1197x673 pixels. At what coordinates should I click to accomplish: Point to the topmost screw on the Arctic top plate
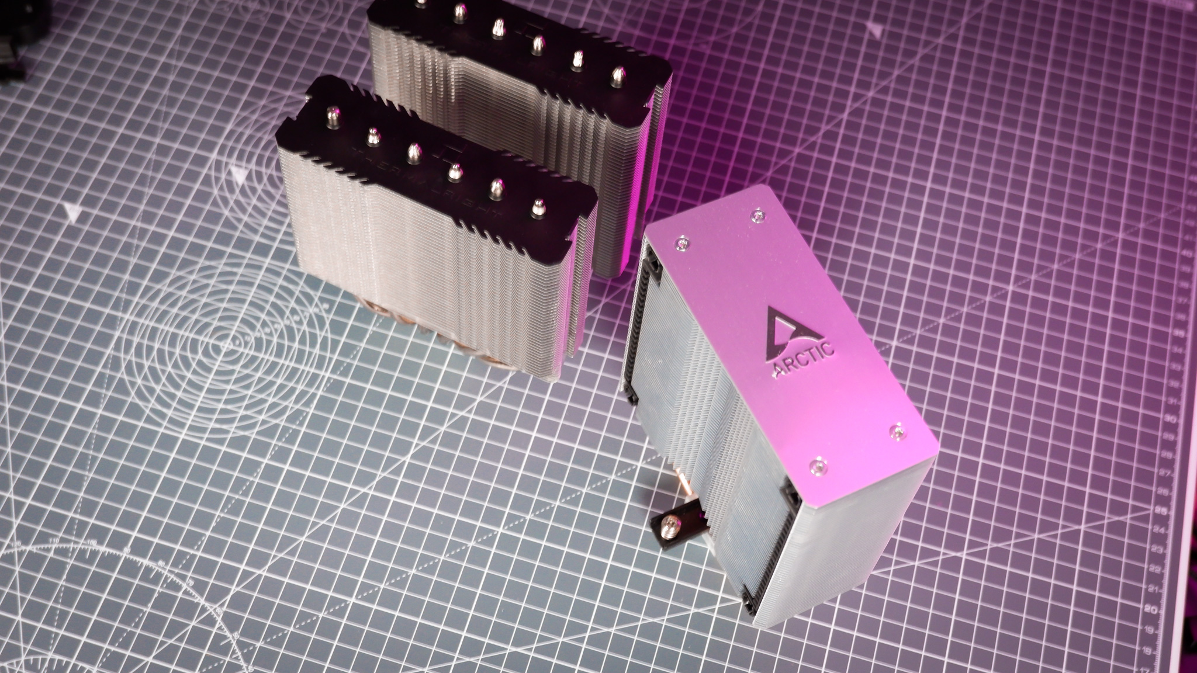(757, 216)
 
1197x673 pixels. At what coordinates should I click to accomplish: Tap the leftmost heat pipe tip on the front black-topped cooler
(333, 112)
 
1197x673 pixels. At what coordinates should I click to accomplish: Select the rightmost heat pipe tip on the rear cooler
(618, 74)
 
